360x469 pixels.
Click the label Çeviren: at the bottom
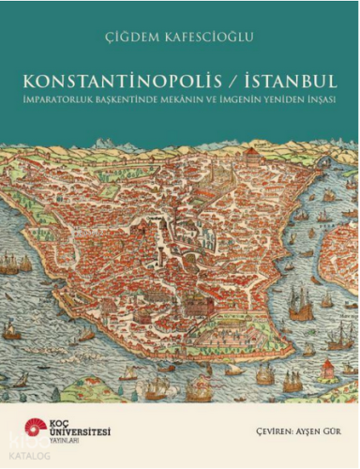[x=247, y=433]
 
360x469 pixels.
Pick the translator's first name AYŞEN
[x=287, y=433]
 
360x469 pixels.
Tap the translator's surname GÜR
[x=320, y=433]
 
